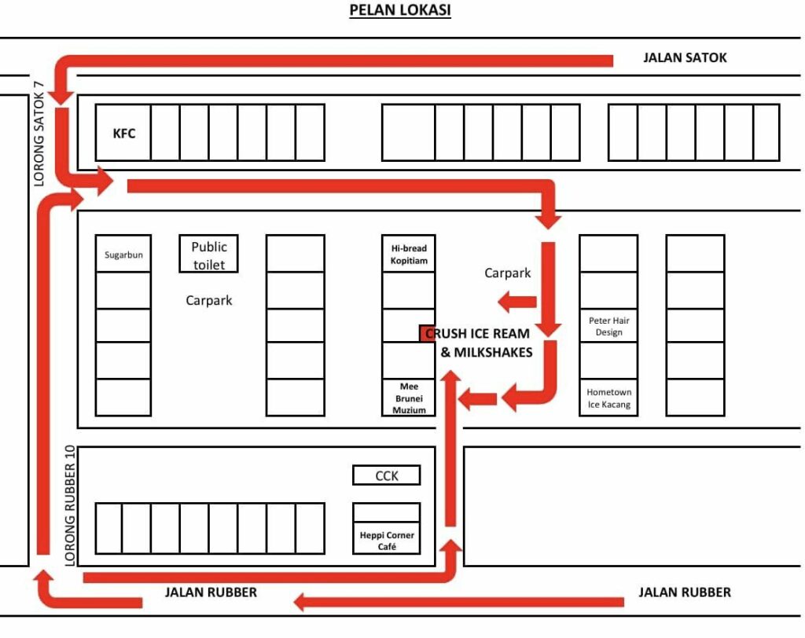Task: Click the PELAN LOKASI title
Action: click(x=400, y=9)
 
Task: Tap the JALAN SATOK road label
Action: click(x=685, y=57)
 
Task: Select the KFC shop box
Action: click(x=123, y=133)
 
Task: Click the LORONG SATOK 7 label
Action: click(x=39, y=134)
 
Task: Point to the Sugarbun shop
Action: click(x=123, y=254)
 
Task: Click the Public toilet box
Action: click(x=208, y=254)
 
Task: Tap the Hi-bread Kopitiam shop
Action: click(x=409, y=254)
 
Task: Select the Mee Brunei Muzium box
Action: click(x=409, y=398)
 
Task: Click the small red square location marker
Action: click(x=427, y=333)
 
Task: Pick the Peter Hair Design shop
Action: click(x=608, y=325)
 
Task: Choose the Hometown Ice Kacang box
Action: click(x=608, y=398)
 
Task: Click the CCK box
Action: click(x=387, y=475)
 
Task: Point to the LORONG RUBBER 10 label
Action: click(x=70, y=505)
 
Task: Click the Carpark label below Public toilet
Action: click(x=208, y=300)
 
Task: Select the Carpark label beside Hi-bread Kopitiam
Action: click(x=507, y=273)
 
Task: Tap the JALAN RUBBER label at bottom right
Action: click(x=685, y=592)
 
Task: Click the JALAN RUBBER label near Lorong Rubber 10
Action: click(x=211, y=592)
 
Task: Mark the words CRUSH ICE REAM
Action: click(x=477, y=334)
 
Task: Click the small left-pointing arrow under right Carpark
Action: click(x=517, y=301)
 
